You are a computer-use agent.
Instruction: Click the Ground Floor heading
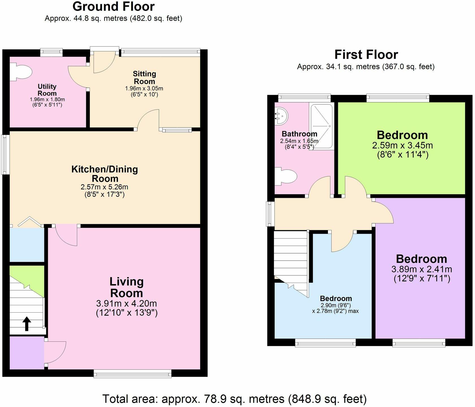[113, 7]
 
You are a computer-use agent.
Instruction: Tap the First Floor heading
[366, 55]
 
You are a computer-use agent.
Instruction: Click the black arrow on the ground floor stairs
[27, 324]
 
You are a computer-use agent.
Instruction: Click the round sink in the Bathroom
[282, 116]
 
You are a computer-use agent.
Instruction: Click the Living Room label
[127, 287]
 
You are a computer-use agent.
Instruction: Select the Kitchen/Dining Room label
[105, 174]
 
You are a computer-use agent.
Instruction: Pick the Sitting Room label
[144, 77]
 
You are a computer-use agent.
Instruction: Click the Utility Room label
[47, 90]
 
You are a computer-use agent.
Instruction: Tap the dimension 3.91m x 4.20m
[127, 304]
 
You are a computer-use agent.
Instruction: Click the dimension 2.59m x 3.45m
[402, 146]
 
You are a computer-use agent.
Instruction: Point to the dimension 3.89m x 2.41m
[422, 269]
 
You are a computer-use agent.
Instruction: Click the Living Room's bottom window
[133, 374]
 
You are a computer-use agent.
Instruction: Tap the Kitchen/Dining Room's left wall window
[5, 154]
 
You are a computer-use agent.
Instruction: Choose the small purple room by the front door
[27, 352]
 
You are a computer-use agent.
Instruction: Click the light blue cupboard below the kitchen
[27, 245]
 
